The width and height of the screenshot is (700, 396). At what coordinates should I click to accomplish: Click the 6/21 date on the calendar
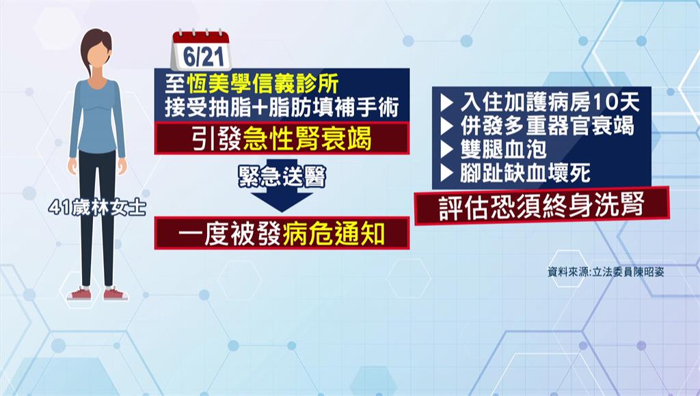click(202, 57)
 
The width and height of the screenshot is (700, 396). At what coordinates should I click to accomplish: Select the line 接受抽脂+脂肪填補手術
click(282, 107)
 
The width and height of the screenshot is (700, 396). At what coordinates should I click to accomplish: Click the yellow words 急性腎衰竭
click(307, 139)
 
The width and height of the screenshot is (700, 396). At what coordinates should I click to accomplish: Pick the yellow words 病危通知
click(334, 234)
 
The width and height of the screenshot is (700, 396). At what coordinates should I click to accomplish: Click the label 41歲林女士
click(97, 208)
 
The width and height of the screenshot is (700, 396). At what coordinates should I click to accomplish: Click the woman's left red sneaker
click(79, 294)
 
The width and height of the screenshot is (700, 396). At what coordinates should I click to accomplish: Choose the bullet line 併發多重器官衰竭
click(537, 126)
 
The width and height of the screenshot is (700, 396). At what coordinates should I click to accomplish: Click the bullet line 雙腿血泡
click(494, 150)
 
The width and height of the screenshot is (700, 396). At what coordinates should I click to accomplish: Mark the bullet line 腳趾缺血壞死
click(515, 173)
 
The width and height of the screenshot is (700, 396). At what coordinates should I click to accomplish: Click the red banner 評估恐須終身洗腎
click(542, 206)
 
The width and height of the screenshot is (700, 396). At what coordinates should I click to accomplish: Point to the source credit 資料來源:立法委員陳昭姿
click(606, 272)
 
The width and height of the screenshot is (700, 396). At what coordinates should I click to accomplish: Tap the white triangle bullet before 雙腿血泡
click(446, 150)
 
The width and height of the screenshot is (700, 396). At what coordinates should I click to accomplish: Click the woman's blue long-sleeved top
click(97, 120)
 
